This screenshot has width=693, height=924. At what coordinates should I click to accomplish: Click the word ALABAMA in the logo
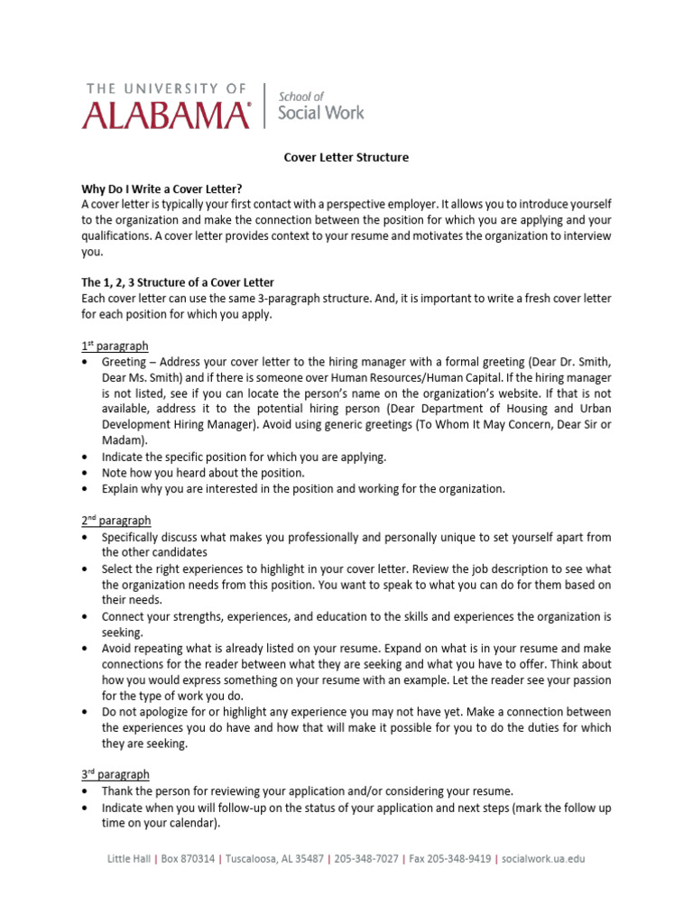167,115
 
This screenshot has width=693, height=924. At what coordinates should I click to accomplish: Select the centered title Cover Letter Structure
346,157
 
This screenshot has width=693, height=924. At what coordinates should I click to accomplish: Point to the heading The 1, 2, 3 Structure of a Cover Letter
178,282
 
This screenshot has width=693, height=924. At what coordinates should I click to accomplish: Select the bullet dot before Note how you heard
85,473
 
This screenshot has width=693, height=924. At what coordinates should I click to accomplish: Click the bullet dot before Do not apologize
85,713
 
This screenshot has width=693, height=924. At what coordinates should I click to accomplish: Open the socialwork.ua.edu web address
543,859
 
